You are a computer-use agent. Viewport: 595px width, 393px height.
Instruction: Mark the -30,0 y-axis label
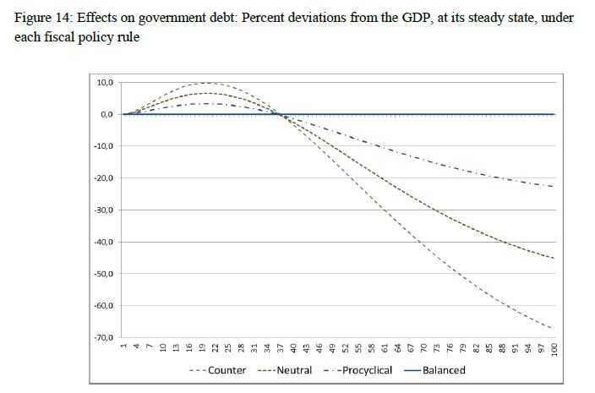102,210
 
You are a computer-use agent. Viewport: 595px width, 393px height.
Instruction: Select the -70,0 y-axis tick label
102,338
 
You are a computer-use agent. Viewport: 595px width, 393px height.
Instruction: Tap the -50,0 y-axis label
102,274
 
